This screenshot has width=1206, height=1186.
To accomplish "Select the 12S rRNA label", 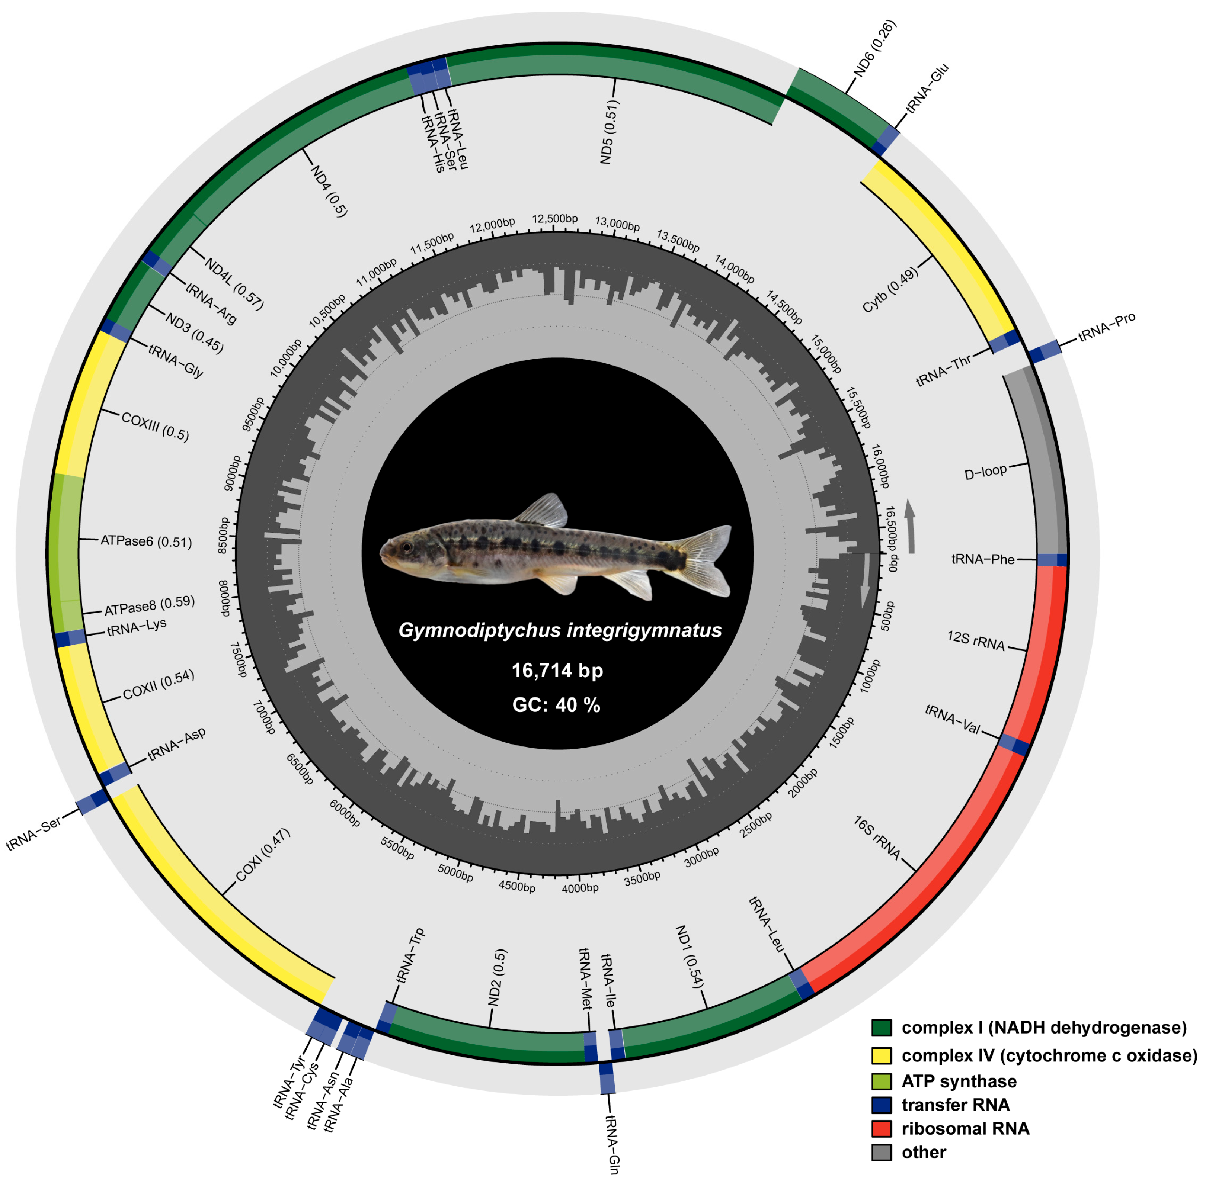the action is pos(975,640).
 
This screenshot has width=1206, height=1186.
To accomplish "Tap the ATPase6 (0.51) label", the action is pos(146,541).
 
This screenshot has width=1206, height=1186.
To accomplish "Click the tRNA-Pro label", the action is pos(1106,327).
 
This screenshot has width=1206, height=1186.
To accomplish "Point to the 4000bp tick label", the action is pos(580,888).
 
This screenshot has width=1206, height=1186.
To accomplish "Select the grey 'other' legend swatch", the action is pos(881,1153).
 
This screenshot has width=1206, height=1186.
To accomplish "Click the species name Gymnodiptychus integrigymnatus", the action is pos(560,630).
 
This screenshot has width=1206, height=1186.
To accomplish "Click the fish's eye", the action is pos(406,547).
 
